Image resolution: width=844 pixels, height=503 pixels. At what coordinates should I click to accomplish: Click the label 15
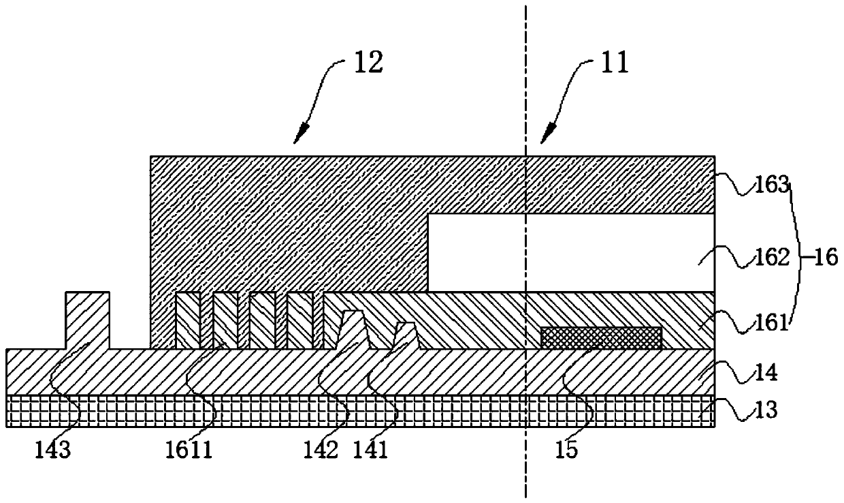[567, 451]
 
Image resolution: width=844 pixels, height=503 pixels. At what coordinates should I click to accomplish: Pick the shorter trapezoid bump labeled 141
[406, 335]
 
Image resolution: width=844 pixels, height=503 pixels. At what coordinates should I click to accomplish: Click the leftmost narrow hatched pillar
[188, 320]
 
